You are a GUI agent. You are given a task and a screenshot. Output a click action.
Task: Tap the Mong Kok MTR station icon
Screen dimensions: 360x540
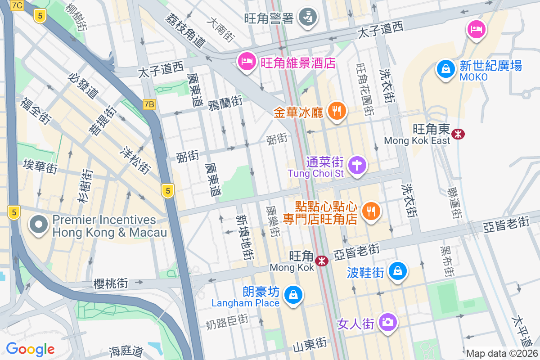click(x=321, y=261)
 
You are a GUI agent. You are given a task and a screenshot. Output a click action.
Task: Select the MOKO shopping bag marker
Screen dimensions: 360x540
click(x=445, y=69)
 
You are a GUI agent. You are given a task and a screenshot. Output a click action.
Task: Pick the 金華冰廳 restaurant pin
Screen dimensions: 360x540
click(x=336, y=110)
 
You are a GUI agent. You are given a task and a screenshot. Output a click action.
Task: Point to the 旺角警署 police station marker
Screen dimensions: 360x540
click(x=308, y=17)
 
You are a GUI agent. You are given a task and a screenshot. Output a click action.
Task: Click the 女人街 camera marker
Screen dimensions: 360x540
click(x=387, y=322)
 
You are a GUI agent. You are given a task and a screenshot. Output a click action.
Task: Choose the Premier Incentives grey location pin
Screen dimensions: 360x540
click(x=39, y=225)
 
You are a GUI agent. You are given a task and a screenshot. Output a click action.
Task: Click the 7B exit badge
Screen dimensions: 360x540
click(x=149, y=104)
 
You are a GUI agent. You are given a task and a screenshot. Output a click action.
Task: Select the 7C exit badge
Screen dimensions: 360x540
click(x=17, y=5)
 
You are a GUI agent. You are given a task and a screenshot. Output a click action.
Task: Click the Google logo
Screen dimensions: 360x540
click(x=30, y=349)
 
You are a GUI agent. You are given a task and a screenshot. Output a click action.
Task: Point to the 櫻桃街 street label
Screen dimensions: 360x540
click(x=111, y=283)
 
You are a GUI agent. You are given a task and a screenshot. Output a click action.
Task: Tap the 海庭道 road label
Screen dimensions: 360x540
click(x=126, y=350)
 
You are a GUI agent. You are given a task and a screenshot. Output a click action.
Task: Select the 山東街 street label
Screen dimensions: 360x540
click(x=309, y=345)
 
